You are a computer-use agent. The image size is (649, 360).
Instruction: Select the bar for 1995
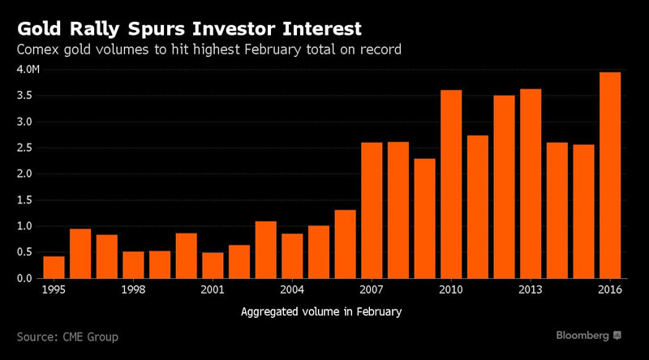[54, 267]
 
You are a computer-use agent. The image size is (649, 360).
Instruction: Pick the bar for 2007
[372, 210]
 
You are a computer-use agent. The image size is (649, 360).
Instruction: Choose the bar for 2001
[213, 265]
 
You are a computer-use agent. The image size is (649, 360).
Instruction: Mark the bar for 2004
[292, 255]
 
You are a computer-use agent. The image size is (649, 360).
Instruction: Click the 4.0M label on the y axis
[28, 70]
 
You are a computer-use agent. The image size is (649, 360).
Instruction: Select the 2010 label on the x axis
[451, 290]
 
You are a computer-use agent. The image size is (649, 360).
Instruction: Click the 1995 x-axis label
[54, 290]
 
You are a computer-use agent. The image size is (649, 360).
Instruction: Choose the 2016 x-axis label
[609, 290]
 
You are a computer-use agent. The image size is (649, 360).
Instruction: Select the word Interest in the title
[320, 30]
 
